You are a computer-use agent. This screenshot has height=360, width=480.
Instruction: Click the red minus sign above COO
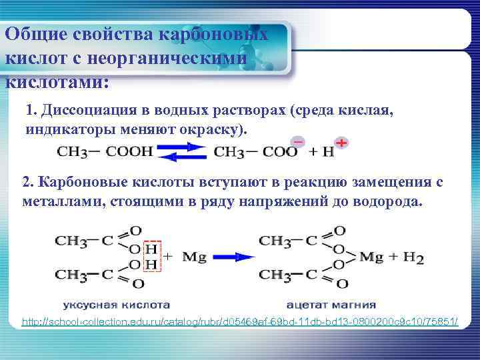pyautogui.click(x=298, y=141)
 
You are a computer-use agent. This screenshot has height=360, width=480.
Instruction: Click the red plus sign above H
pyautogui.click(x=341, y=143)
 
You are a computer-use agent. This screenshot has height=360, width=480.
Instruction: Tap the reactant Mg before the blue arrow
pyautogui.click(x=193, y=255)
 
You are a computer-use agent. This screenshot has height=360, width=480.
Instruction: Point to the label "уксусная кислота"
pyautogui.click(x=117, y=305)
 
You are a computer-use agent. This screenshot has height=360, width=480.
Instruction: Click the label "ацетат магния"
pyautogui.click(x=331, y=305)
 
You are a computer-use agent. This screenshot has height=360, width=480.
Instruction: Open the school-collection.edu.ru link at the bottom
pyautogui.click(x=240, y=322)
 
